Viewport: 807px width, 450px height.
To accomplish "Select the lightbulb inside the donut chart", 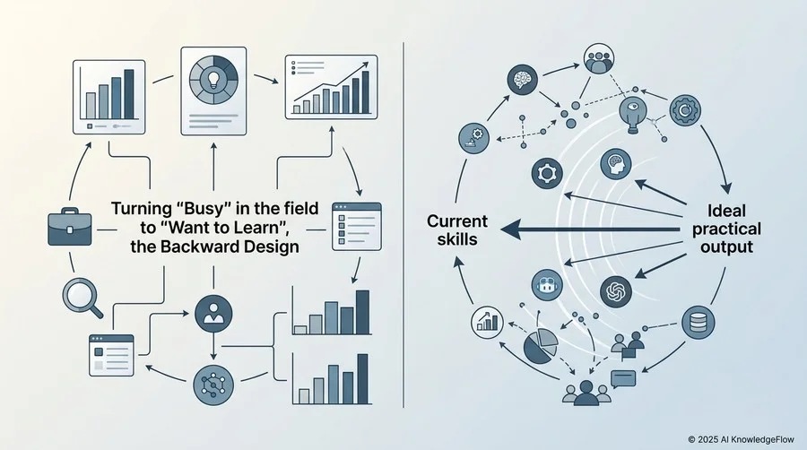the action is click(x=213, y=79).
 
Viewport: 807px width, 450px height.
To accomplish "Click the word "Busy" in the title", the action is click(x=200, y=208).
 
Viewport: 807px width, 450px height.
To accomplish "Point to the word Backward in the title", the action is click(x=198, y=247).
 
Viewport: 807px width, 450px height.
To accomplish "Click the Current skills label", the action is click(x=457, y=229).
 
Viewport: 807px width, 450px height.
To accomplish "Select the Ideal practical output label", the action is click(x=726, y=229).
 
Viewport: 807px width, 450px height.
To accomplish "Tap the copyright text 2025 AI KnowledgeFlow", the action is click(x=742, y=439).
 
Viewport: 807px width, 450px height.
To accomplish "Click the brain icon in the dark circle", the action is click(x=523, y=80).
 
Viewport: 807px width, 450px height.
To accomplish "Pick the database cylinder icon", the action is click(x=698, y=323).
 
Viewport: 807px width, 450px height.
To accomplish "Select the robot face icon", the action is click(x=547, y=285).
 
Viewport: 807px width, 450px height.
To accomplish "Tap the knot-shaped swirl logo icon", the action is click(x=616, y=291).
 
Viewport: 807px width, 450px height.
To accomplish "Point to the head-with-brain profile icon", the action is click(x=616, y=164).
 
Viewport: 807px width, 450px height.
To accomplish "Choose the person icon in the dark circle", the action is click(x=213, y=313).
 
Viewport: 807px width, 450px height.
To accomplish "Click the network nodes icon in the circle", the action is click(x=213, y=385).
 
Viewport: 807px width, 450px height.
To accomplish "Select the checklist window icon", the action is click(x=357, y=226).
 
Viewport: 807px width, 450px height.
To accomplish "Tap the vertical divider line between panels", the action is click(x=403, y=225).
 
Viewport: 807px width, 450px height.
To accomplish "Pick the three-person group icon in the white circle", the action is click(x=599, y=58).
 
